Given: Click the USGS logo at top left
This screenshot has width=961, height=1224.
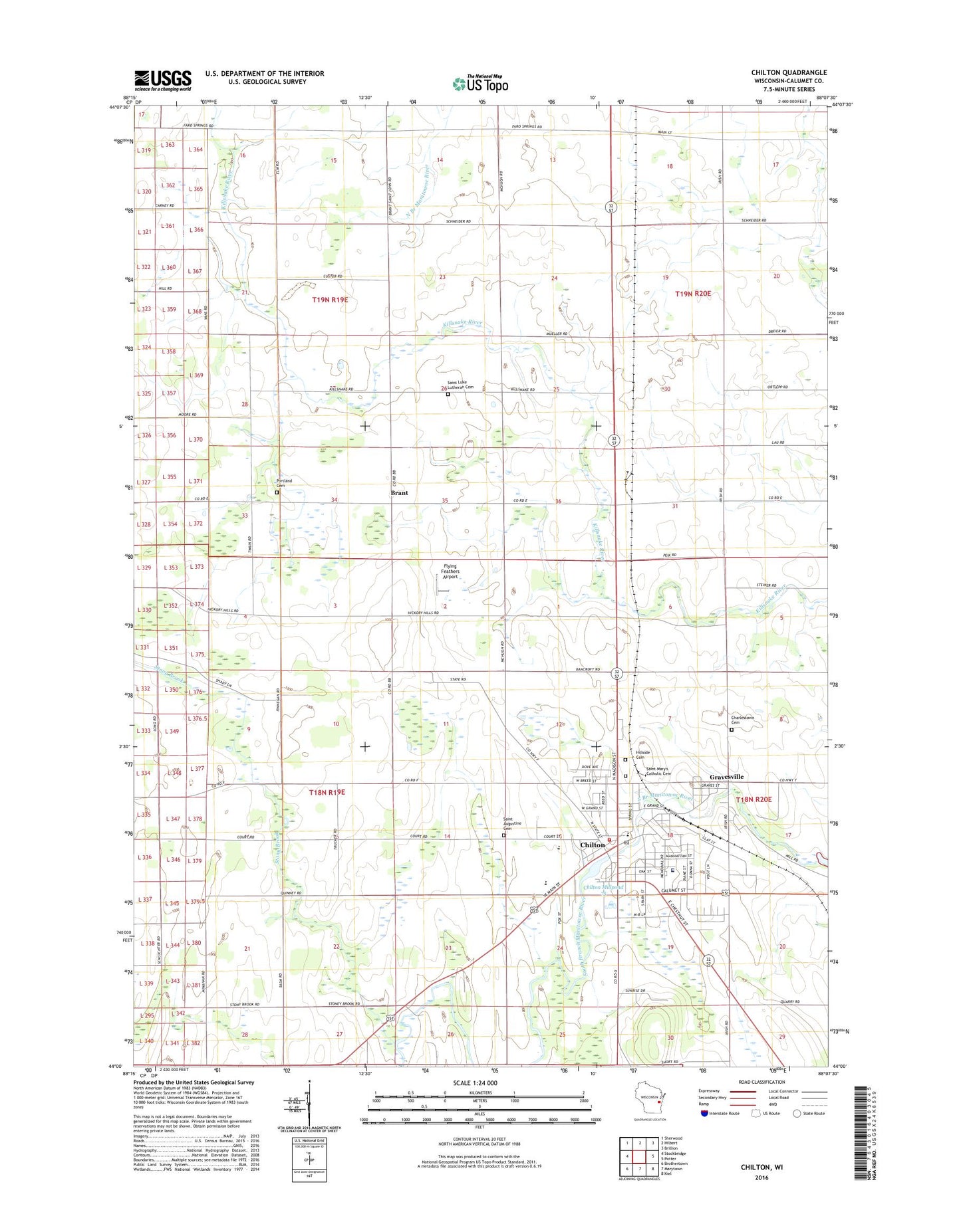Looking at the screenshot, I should [x=162, y=80].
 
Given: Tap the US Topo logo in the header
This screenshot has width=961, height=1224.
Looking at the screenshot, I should [x=480, y=84].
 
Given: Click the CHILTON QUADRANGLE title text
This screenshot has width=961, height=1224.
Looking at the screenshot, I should [x=789, y=72].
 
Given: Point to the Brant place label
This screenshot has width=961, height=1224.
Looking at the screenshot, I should [x=399, y=493].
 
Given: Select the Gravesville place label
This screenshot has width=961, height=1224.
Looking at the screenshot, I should [x=726, y=777].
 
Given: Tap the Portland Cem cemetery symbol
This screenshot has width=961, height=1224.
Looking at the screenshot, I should [x=277, y=493].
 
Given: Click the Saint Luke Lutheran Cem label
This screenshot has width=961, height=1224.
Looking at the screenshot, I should [x=460, y=385].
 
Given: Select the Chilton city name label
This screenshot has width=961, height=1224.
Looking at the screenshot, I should [x=593, y=845].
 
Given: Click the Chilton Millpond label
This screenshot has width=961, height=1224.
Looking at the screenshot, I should [x=603, y=887].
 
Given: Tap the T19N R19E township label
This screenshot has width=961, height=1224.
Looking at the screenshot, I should [x=330, y=300].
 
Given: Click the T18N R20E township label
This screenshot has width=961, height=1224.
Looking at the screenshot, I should [x=754, y=799].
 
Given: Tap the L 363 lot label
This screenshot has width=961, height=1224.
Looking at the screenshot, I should [x=168, y=145].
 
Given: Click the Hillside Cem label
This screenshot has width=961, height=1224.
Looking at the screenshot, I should [x=641, y=755].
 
